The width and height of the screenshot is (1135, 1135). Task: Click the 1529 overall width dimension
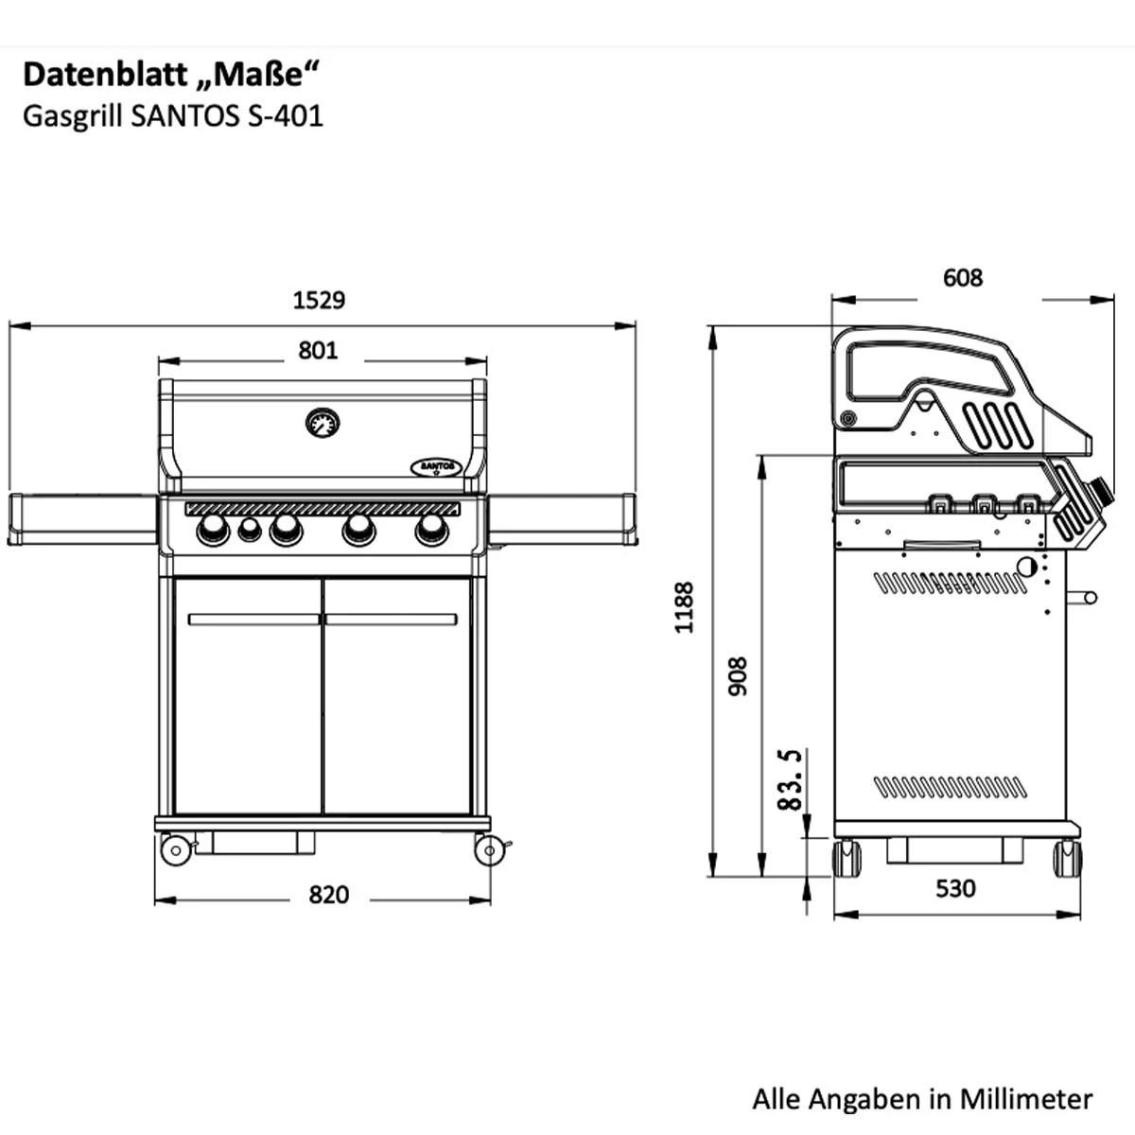[x=319, y=301]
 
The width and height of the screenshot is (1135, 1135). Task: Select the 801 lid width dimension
[x=318, y=351]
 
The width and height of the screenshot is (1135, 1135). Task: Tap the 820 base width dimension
[x=328, y=895]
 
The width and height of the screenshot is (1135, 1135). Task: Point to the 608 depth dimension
[x=963, y=278]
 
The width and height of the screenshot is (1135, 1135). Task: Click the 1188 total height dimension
[x=685, y=607]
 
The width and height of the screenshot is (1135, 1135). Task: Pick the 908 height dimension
[x=738, y=677]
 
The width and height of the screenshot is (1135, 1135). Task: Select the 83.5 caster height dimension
[x=790, y=779]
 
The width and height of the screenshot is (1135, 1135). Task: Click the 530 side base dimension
[x=955, y=889]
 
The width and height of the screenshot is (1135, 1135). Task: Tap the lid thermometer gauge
[x=323, y=423]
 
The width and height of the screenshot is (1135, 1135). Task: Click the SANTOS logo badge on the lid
[x=435, y=466]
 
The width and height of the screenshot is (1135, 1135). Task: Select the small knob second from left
[x=249, y=531]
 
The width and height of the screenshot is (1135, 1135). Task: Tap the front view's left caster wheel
[x=176, y=850]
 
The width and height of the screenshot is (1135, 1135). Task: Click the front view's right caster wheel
[x=488, y=850]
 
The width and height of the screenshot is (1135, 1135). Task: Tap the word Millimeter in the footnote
[x=1026, y=1099]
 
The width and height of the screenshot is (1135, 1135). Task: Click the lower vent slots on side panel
[x=949, y=786]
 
